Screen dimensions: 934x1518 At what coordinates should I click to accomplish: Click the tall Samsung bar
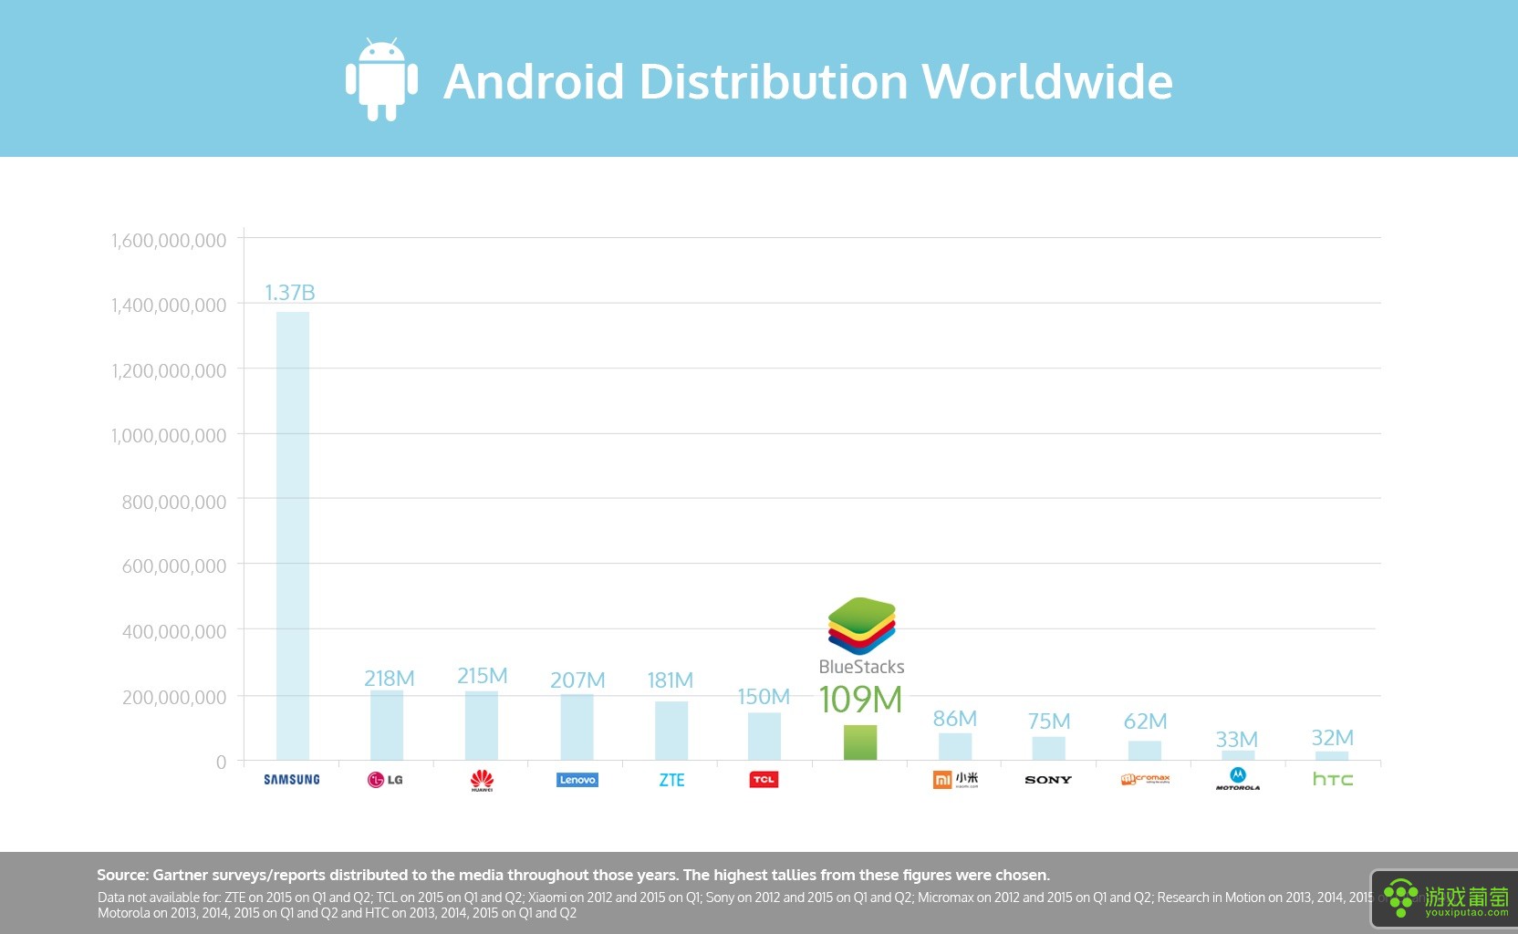(x=293, y=535)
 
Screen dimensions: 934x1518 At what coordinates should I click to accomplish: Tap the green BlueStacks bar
(x=860, y=742)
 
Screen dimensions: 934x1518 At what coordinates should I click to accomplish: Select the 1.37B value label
(x=290, y=293)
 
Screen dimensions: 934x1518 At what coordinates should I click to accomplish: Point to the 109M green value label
(x=860, y=700)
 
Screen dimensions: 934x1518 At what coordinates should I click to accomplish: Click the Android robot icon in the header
(x=381, y=80)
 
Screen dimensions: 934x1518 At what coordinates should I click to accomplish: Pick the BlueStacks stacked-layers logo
(x=862, y=626)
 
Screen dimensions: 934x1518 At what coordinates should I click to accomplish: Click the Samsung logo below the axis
(x=292, y=780)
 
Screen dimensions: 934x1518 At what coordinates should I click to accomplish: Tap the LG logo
(x=385, y=780)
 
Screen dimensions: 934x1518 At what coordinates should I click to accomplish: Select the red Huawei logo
(x=482, y=780)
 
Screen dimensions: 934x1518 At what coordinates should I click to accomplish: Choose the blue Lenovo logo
(x=577, y=780)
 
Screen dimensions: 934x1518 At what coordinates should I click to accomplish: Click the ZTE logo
(x=671, y=780)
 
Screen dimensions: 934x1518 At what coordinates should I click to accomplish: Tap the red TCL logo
(x=764, y=780)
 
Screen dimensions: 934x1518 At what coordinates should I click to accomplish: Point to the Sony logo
(x=1048, y=780)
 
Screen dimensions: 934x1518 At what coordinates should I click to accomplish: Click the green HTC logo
(x=1333, y=779)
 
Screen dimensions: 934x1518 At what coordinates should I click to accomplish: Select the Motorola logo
(x=1238, y=779)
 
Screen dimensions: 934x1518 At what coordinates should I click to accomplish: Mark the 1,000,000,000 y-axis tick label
(x=169, y=436)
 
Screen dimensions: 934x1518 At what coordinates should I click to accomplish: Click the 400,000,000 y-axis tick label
(x=174, y=631)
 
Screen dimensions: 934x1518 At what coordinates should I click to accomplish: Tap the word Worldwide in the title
(x=1047, y=81)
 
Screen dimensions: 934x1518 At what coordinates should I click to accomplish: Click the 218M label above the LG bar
(x=390, y=679)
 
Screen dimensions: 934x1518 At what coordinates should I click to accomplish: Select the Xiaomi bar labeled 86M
(x=955, y=746)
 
